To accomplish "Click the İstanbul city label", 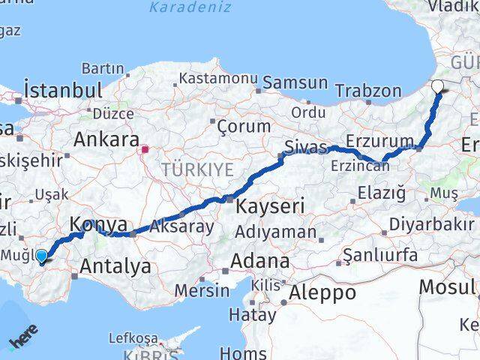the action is [x=63, y=90].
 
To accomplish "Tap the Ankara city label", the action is [x=106, y=139].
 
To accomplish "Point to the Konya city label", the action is [x=97, y=223].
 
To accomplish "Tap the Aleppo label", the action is [x=323, y=292].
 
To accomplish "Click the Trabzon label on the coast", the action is [x=368, y=91].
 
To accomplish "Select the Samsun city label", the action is [x=295, y=82].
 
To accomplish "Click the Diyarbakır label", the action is [x=431, y=224].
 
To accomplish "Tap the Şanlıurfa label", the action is [x=380, y=255].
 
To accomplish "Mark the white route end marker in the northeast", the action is [x=438, y=87].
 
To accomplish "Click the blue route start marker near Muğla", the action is [x=40, y=256].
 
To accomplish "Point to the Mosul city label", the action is [x=447, y=286].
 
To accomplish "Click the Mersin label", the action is [x=202, y=290].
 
